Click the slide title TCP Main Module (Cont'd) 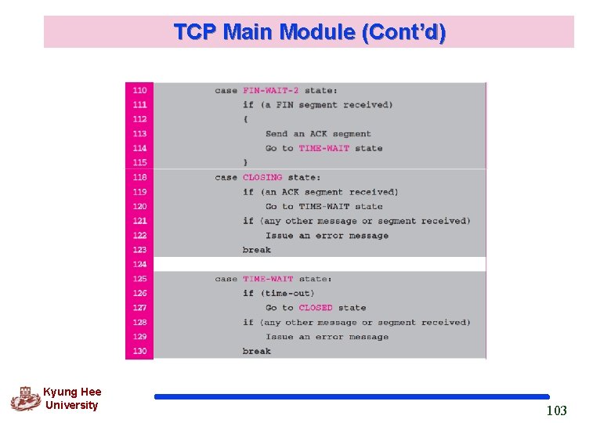pos(309,32)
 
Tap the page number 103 pos(556,410)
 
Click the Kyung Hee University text pos(71,399)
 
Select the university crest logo pos(25,399)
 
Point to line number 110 pos(139,91)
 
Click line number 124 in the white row pos(139,265)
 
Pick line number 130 pos(139,352)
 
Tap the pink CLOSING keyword pos(262,178)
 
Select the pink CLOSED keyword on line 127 pos(316,308)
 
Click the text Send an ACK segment pos(318,134)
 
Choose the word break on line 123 pos(257,250)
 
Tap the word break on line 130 pos(257,352)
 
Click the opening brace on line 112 pos(245,120)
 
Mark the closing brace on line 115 pos(245,163)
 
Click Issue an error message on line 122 pos(327,236)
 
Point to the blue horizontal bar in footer pos(352,397)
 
